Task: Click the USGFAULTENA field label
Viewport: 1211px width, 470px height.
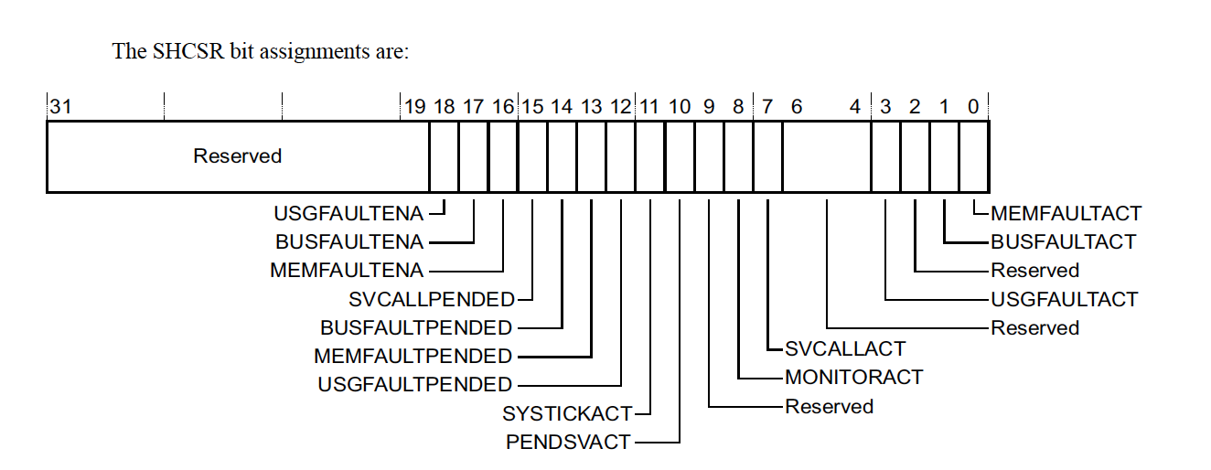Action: [348, 214]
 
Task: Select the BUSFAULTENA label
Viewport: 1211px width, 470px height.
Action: [349, 242]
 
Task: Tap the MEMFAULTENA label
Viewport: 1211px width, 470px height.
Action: [347, 271]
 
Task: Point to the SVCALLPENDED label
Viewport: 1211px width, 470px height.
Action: [432, 299]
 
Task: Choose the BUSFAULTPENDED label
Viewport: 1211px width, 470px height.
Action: [416, 327]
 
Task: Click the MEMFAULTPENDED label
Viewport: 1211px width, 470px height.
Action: [413, 356]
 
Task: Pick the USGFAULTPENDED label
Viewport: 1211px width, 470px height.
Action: [414, 384]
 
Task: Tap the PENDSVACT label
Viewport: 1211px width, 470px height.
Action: [568, 442]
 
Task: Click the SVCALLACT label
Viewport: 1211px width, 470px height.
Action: [845, 348]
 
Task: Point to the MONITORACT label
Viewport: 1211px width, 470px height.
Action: [854, 377]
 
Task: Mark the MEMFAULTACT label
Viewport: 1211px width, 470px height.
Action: [1066, 214]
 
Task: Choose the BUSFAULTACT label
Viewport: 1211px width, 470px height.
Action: [1063, 242]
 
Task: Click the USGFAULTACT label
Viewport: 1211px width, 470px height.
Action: [1065, 299]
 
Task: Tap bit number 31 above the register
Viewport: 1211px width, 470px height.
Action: [60, 107]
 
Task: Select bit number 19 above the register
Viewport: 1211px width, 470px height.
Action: [414, 107]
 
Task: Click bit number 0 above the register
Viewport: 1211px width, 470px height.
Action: [973, 107]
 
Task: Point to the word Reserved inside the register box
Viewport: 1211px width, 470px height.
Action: [237, 156]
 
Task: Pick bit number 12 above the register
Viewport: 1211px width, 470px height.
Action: [621, 107]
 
